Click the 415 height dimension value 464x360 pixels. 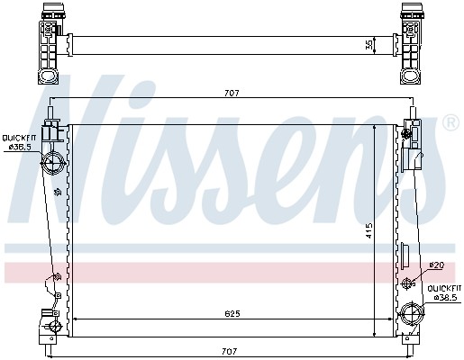368,230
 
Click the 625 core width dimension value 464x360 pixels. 232,314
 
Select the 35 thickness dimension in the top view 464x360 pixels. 369,45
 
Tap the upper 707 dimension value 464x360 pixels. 232,94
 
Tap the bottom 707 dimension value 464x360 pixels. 230,351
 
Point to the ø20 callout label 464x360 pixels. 437,265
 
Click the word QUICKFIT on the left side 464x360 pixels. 19,138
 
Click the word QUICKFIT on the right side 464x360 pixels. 444,289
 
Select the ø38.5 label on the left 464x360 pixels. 20,147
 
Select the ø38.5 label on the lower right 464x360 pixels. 445,297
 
